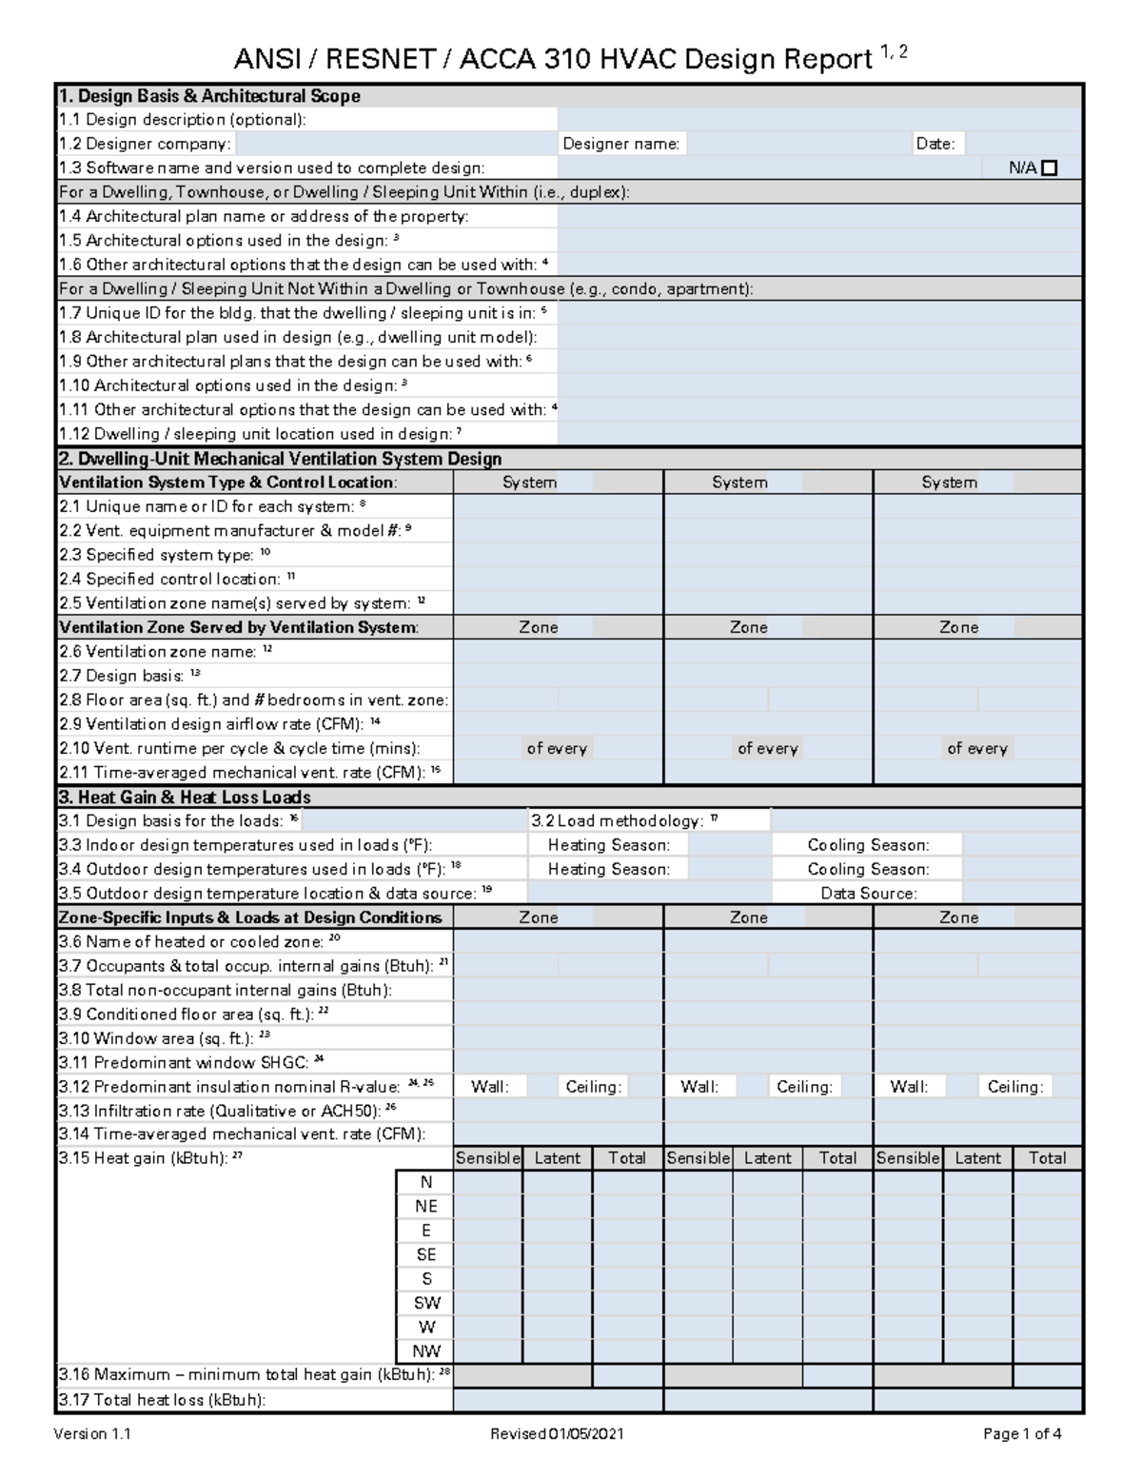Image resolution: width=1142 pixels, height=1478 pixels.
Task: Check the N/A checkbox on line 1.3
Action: point(1050,168)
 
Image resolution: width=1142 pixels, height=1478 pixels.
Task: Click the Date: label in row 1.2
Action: point(935,144)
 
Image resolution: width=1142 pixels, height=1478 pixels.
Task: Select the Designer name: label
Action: point(620,144)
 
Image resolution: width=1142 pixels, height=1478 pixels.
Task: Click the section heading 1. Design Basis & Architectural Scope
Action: point(209,96)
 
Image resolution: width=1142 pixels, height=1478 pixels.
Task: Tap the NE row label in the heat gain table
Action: point(425,1206)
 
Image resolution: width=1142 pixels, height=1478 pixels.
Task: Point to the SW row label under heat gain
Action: point(425,1303)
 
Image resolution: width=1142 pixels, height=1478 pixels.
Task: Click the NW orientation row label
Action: point(425,1351)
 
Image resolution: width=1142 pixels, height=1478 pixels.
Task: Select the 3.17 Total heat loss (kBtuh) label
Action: point(162,1400)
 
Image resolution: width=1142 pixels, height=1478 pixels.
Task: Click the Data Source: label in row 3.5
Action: point(868,894)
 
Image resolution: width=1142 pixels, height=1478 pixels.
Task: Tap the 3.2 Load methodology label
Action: point(623,820)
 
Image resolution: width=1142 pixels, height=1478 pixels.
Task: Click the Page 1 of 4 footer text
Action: point(1022,1434)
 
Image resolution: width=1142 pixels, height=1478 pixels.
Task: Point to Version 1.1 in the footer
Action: point(92,1434)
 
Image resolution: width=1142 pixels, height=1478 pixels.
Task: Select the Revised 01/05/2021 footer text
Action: point(557,1434)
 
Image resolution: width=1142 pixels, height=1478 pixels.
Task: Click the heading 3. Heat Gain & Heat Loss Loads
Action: point(185,797)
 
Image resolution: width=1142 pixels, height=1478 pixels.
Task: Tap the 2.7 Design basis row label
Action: point(121,676)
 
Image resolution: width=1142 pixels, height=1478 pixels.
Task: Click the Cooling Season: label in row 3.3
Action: point(868,845)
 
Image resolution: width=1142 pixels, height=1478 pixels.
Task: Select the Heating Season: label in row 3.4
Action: point(608,869)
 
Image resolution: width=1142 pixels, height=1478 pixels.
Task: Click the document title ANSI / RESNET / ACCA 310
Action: point(552,60)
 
